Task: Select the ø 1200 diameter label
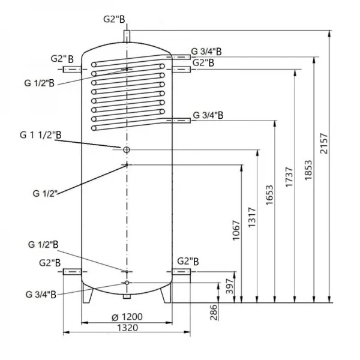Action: coord(127,316)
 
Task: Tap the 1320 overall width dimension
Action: coord(127,327)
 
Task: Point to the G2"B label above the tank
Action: coord(114,20)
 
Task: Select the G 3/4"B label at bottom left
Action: coord(41,294)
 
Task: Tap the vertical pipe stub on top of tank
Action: coord(127,37)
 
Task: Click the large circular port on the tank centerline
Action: coord(127,149)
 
